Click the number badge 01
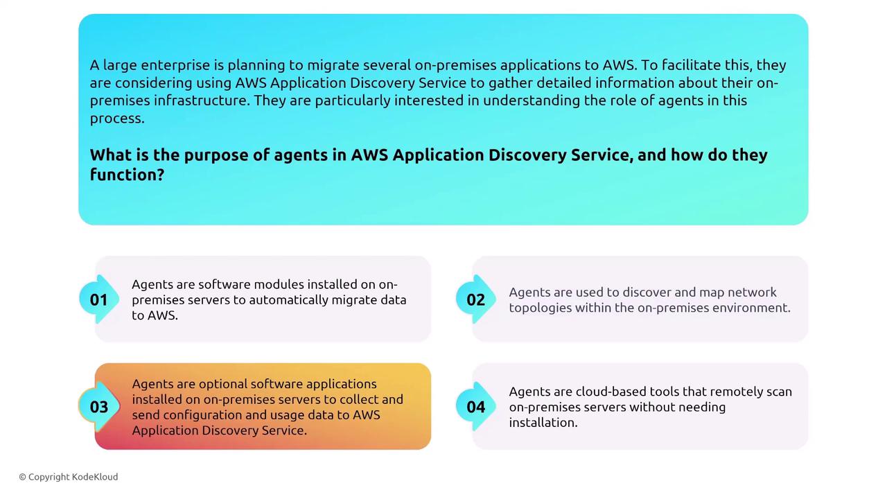pos(99,299)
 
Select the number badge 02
pos(475,299)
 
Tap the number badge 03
pos(99,407)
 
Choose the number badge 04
pos(475,407)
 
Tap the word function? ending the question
pos(127,174)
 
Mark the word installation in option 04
pos(543,422)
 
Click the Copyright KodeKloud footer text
pos(69,477)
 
